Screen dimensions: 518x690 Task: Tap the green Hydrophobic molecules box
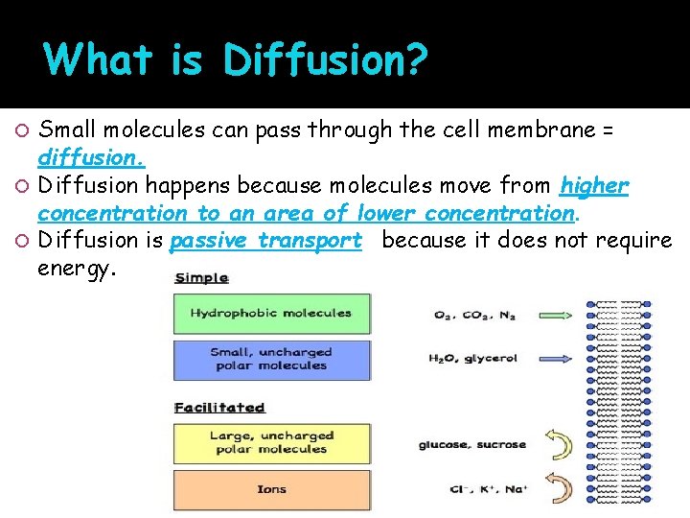(271, 313)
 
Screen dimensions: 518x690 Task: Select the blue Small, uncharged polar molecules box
(271, 359)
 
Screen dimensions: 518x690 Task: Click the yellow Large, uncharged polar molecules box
(271, 442)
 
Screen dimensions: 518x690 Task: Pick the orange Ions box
(271, 489)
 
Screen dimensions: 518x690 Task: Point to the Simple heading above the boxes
(201, 278)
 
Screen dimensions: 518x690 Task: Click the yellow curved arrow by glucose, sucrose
(558, 444)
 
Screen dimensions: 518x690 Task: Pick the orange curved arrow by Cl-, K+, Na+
(558, 486)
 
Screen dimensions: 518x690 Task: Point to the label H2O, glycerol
(473, 359)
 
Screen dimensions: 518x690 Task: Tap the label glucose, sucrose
(471, 444)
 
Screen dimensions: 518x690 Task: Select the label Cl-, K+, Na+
(473, 488)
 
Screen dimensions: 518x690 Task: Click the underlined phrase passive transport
(265, 240)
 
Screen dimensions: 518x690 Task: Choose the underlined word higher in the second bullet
(594, 184)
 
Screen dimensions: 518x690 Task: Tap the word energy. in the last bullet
(77, 269)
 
